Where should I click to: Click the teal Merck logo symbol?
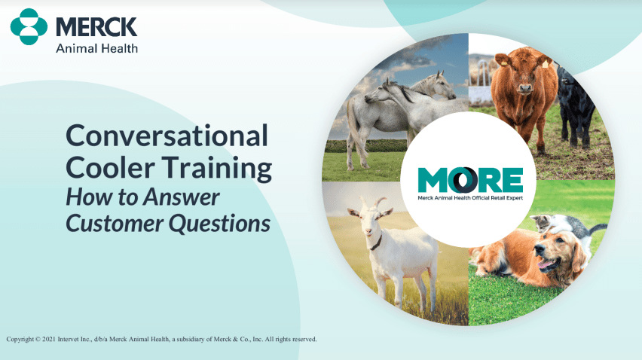(29, 26)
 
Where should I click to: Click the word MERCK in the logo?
(96, 27)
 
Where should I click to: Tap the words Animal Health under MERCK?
(96, 48)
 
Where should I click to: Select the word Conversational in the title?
(167, 136)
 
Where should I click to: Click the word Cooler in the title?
(111, 167)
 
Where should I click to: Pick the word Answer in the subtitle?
(182, 197)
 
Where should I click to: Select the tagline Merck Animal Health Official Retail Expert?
(470, 198)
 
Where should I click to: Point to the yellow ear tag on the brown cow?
(545, 64)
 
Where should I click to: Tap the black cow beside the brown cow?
(575, 106)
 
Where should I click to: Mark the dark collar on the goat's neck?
(377, 243)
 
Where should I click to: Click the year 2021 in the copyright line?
(49, 339)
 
